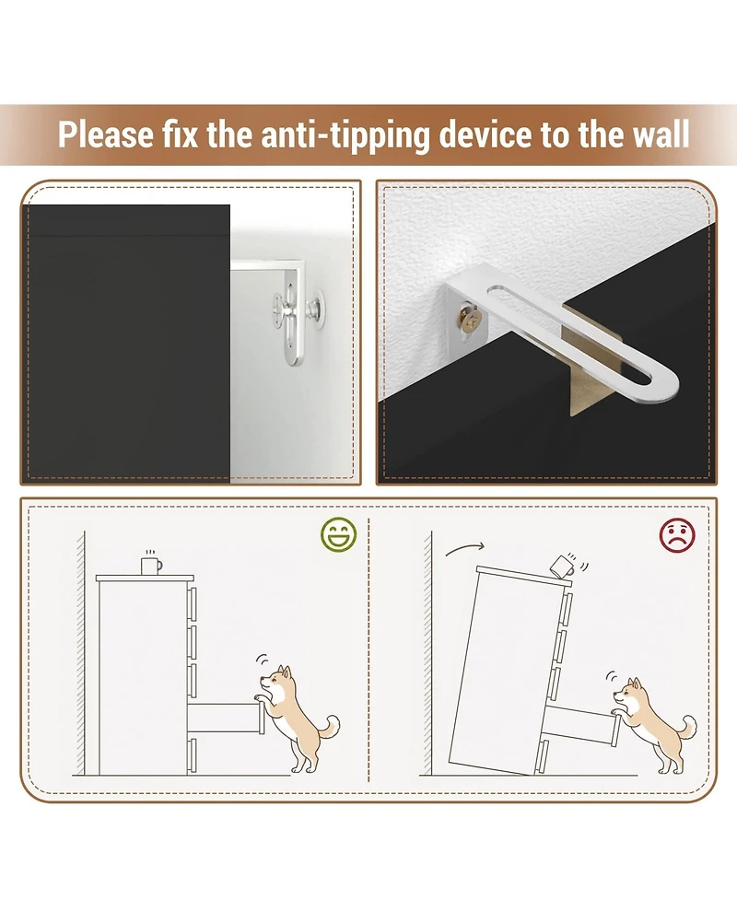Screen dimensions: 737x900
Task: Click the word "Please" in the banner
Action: tap(106, 134)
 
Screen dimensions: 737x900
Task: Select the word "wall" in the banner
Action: tap(661, 134)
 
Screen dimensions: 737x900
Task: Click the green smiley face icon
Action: tap(339, 535)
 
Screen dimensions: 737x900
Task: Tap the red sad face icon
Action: tap(677, 535)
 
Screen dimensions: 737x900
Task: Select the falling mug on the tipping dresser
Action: tap(563, 565)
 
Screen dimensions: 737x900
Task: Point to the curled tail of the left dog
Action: tap(329, 727)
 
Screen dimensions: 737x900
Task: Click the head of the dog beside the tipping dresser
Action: tap(628, 694)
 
